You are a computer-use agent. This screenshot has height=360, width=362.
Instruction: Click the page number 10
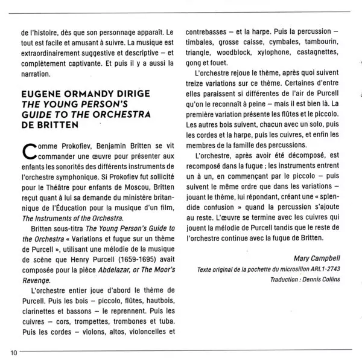pyautogui.click(x=13, y=353)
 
